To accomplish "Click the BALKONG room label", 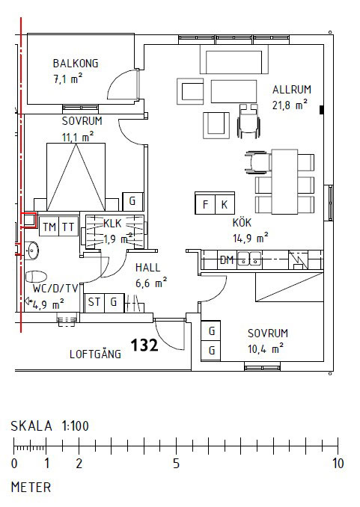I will pos(76,64).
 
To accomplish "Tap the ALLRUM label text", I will pos(291,89).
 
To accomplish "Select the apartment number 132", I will pos(144,345).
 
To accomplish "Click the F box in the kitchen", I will pos(204,203).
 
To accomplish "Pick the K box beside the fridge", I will pos(224,203).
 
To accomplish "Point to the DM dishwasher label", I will pos(227,260).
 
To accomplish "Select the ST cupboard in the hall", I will pos(94,302).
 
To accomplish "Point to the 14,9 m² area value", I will pos(251,238).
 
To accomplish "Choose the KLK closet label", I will pos(112,223).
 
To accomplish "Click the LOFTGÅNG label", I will pos(95,354).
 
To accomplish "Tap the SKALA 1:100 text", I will pos(49,426).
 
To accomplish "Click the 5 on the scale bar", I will pos(175,464).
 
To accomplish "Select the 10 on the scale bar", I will pos(338,464).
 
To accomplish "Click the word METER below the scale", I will pos(31,487).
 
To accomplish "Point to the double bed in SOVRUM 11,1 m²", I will pos(75,177).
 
